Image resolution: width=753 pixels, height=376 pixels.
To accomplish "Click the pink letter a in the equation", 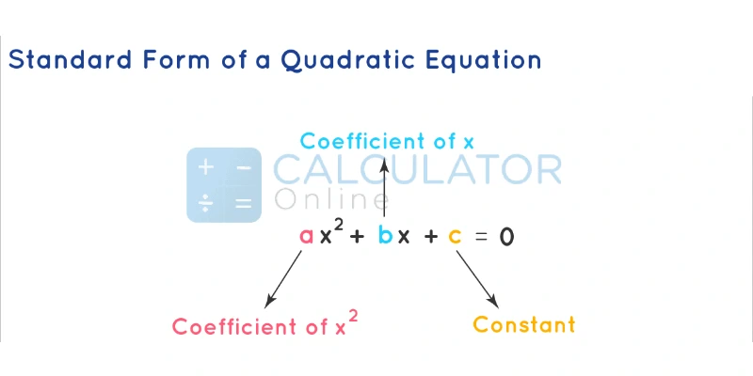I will [x=306, y=236].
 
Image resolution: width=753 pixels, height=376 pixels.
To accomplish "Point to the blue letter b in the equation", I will [x=385, y=235].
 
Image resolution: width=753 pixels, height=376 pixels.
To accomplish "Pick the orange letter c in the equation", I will [x=455, y=237].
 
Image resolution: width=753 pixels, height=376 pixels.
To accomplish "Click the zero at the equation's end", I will [x=506, y=236].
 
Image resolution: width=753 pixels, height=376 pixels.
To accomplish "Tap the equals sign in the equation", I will [x=482, y=237].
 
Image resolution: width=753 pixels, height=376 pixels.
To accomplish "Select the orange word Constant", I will [x=523, y=325].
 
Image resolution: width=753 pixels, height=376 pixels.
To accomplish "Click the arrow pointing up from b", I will [x=385, y=188].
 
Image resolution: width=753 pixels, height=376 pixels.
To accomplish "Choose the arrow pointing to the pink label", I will [x=283, y=279].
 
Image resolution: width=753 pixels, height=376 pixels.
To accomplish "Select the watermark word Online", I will [x=331, y=199].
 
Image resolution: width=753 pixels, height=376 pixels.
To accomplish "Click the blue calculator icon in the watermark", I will [x=224, y=184].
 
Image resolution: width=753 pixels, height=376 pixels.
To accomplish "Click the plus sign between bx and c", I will [x=431, y=237].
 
